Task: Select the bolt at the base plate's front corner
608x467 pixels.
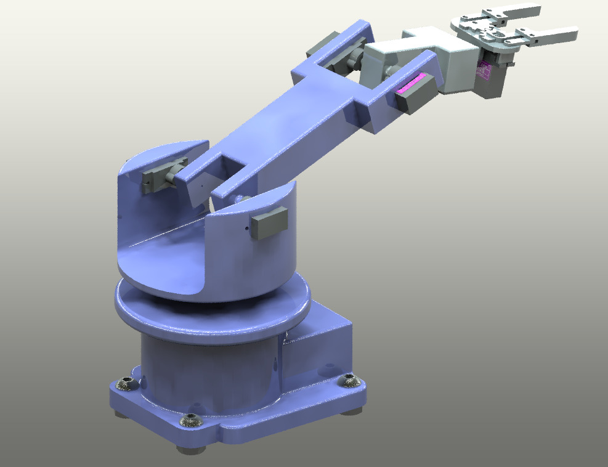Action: click(x=190, y=421)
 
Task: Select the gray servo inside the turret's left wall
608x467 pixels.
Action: click(x=163, y=176)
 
